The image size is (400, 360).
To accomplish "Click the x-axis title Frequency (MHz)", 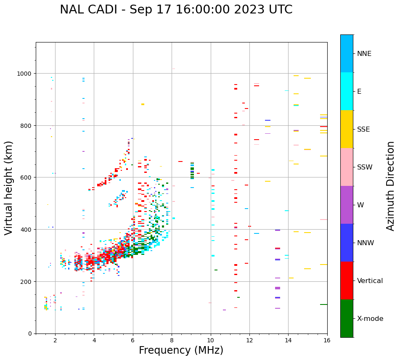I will pyautogui.click(x=181, y=350).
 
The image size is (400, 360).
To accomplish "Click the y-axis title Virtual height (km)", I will pyautogui.click(x=9, y=188).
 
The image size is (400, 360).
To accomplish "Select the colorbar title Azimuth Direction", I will pyautogui.click(x=390, y=186).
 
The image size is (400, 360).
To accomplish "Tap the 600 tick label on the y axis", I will pyautogui.click(x=26, y=177).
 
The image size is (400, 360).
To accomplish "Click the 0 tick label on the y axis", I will pyautogui.click(x=29, y=334).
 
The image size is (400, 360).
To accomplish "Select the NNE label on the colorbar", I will pyautogui.click(x=364, y=54).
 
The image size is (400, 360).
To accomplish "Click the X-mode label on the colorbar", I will pyautogui.click(x=370, y=319).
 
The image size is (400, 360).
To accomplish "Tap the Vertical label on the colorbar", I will pyautogui.click(x=370, y=281).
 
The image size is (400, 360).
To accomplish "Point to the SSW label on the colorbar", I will pyautogui.click(x=365, y=167).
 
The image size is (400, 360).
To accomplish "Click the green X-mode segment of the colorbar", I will pyautogui.click(x=347, y=318).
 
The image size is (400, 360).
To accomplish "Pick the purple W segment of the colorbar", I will pyautogui.click(x=347, y=205).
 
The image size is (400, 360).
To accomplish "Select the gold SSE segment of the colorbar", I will pyautogui.click(x=347, y=129).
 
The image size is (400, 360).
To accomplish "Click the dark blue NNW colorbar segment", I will pyautogui.click(x=347, y=243).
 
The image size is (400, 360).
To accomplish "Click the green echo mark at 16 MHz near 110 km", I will pyautogui.click(x=323, y=304).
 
